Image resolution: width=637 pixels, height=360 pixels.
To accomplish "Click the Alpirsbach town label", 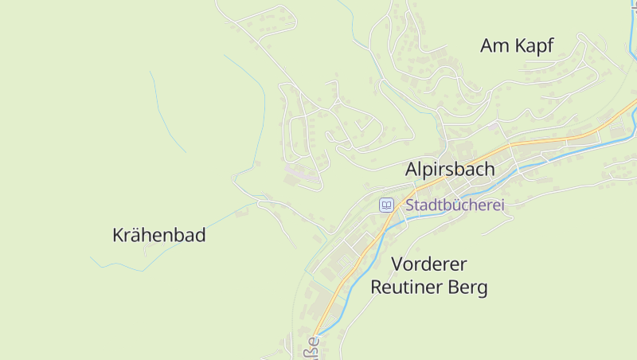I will [x=450, y=169].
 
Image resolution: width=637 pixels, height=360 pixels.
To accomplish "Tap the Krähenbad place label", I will [x=159, y=235].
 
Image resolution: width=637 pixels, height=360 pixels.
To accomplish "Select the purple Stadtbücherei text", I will [x=455, y=205].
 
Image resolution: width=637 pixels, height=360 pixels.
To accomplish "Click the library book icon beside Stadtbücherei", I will [x=386, y=205].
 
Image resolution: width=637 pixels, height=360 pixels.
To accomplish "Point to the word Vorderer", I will [x=428, y=264].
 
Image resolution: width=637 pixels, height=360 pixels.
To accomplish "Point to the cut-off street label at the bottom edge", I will [x=311, y=348].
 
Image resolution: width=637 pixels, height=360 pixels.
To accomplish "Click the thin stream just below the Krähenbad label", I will [x=159, y=256].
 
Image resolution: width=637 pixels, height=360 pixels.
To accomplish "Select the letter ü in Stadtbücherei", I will [x=457, y=205].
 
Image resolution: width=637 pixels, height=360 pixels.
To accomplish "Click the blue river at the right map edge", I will [x=633, y=119].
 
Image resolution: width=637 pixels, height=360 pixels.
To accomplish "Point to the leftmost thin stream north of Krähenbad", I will [x=167, y=112].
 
